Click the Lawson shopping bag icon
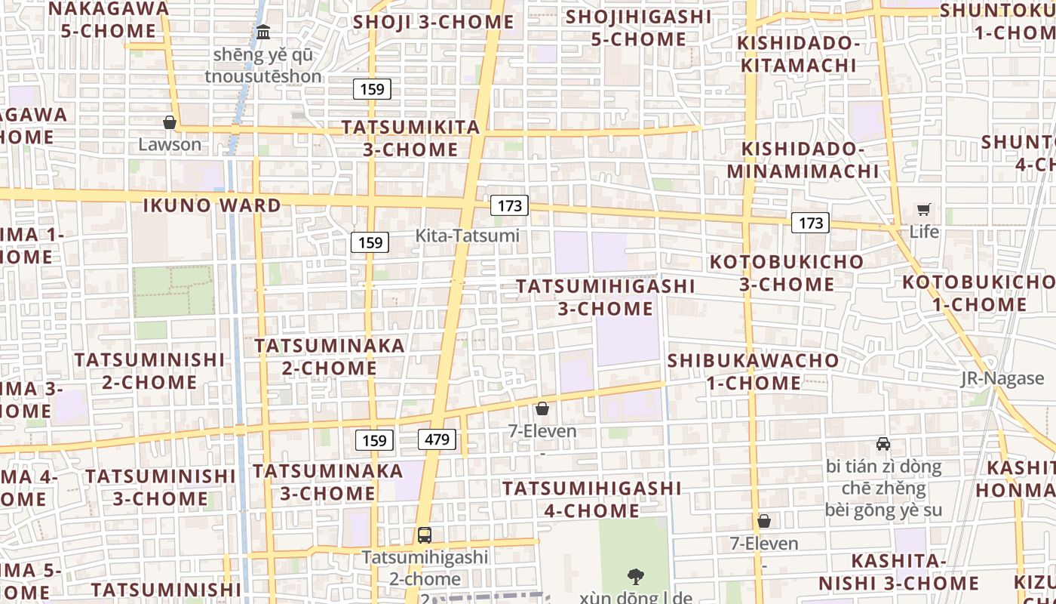(170, 122)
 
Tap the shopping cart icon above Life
(924, 209)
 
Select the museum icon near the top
(263, 32)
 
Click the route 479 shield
(437, 439)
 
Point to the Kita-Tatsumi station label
(467, 236)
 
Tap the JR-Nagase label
(1002, 378)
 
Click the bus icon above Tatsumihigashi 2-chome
(425, 535)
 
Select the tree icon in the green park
(636, 577)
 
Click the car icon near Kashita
(883, 444)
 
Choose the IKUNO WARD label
(212, 205)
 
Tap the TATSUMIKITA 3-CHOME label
(411, 138)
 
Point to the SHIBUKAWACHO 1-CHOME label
(753, 371)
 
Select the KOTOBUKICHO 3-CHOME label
(787, 273)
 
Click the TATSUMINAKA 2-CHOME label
(330, 357)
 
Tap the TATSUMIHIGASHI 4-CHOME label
(592, 500)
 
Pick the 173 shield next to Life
(811, 223)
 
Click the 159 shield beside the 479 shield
(374, 440)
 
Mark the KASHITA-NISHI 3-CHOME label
(898, 572)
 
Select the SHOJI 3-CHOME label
(434, 22)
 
